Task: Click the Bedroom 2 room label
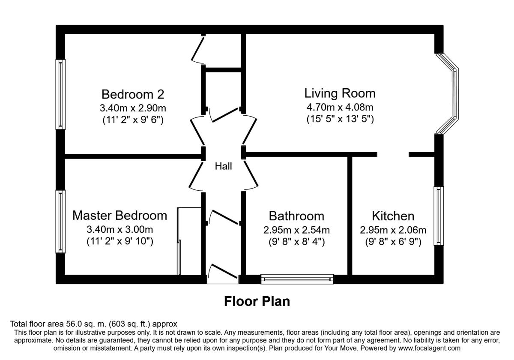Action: click(133, 94)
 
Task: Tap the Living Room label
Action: click(340, 93)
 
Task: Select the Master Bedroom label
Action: click(120, 216)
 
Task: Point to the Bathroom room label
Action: click(296, 216)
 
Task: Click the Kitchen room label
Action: click(393, 216)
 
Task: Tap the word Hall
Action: click(223, 166)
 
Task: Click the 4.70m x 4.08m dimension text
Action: click(340, 107)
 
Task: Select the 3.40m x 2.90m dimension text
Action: click(133, 108)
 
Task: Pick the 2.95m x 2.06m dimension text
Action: click(393, 230)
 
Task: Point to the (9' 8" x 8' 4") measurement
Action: click(297, 242)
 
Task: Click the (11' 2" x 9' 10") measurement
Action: click(120, 241)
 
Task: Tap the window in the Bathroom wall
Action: click(297, 279)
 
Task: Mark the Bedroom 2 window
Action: click(60, 94)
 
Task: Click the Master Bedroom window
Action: click(60, 221)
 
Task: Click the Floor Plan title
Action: click(257, 301)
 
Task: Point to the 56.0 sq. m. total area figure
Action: click(86, 324)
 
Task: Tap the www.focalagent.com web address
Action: click(429, 348)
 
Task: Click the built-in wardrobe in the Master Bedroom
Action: click(189, 241)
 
